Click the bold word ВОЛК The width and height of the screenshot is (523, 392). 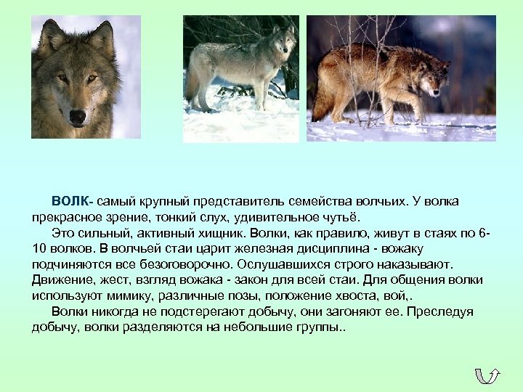(70, 200)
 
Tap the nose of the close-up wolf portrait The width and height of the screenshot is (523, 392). (77, 116)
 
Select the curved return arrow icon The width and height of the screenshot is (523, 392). (487, 375)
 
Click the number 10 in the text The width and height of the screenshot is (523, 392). (39, 248)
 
